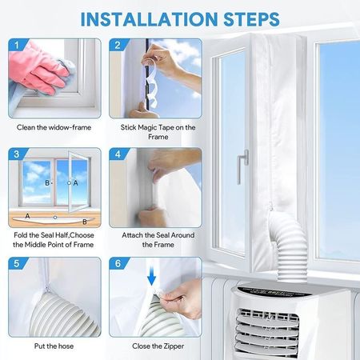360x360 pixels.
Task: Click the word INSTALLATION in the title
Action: pyautogui.click(x=149, y=19)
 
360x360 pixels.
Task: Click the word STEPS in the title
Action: pyautogui.click(x=251, y=19)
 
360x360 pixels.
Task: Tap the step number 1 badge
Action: pyautogui.click(x=17, y=45)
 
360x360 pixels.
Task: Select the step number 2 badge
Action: pyautogui.click(x=118, y=45)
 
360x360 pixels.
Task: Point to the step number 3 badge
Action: pyautogui.click(x=17, y=154)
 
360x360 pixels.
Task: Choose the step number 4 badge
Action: pyautogui.click(x=118, y=154)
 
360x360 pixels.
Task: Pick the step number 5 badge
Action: pyautogui.click(x=17, y=263)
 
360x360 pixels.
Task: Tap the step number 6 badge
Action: pyautogui.click(x=118, y=263)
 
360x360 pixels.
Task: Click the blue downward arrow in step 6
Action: pyautogui.click(x=151, y=277)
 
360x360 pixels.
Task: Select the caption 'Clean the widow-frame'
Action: pyautogui.click(x=54, y=127)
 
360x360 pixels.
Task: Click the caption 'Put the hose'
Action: pyautogui.click(x=54, y=346)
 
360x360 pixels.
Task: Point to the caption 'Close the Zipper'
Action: pyautogui.click(x=158, y=346)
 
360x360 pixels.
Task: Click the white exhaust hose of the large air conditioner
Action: pyautogui.click(x=290, y=248)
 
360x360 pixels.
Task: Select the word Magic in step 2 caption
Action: pyautogui.click(x=146, y=127)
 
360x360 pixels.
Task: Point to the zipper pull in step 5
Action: pyautogui.click(x=47, y=287)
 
